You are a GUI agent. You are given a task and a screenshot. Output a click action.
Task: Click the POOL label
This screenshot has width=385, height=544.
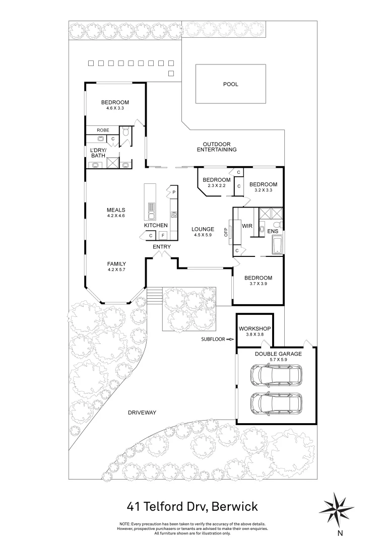click(230, 84)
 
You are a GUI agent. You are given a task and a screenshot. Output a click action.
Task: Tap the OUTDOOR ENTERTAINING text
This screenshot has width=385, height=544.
click(216, 147)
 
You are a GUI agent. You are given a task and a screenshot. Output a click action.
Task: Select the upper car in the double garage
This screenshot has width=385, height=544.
click(276, 375)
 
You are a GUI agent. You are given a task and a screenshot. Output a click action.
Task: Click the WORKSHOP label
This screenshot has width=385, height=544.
click(254, 329)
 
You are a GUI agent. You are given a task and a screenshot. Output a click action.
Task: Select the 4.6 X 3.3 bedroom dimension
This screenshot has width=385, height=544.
click(115, 108)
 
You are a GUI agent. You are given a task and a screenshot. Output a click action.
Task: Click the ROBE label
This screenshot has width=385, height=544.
click(103, 130)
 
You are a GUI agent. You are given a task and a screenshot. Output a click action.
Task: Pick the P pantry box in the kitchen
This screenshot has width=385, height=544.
click(173, 192)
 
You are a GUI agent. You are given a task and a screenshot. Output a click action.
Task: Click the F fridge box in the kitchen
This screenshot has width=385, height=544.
click(162, 235)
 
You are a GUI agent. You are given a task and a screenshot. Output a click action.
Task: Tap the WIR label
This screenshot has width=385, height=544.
click(247, 226)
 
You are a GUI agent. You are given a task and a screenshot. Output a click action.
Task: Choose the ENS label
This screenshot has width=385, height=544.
click(272, 231)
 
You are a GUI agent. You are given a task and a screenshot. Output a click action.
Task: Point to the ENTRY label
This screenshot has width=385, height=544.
click(162, 247)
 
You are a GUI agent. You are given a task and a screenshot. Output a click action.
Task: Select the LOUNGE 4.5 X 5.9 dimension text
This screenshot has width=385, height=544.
click(203, 234)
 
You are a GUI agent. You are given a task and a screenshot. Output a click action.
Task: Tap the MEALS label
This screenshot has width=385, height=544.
click(115, 210)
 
